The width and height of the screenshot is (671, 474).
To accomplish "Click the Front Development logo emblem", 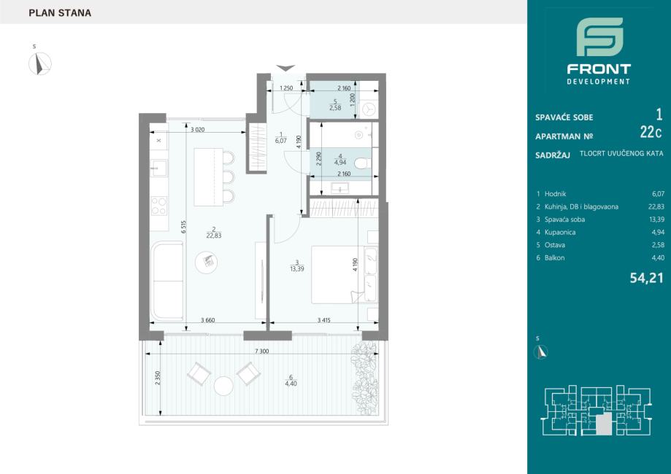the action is click(x=599, y=36).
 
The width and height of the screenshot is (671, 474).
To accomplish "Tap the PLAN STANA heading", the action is click(x=60, y=13).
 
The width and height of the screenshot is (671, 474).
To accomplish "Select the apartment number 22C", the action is click(x=651, y=133).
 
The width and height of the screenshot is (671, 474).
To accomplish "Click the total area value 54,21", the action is click(x=646, y=279).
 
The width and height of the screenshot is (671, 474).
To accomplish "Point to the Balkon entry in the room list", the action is click(x=555, y=257).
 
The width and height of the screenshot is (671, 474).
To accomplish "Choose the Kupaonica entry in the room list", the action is click(x=560, y=232).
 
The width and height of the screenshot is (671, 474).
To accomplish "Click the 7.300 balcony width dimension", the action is click(x=262, y=351).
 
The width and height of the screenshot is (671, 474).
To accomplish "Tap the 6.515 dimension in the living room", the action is click(x=183, y=227).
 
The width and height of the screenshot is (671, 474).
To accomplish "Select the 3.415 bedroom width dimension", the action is click(x=324, y=320).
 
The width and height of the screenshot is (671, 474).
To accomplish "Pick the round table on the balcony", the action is click(x=224, y=386).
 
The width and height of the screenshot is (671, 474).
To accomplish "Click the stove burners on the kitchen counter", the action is click(x=158, y=206).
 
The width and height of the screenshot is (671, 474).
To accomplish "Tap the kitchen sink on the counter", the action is click(x=158, y=168).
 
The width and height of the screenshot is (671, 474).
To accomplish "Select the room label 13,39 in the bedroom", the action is click(x=296, y=269).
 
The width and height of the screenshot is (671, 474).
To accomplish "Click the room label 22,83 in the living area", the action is click(x=213, y=236).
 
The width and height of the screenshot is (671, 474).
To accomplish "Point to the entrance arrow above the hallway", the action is click(x=285, y=68).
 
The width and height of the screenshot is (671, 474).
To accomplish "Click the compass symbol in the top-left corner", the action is click(x=40, y=63).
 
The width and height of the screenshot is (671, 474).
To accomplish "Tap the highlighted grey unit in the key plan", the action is click(x=605, y=424).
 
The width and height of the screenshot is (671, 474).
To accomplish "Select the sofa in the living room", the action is click(x=167, y=281).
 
